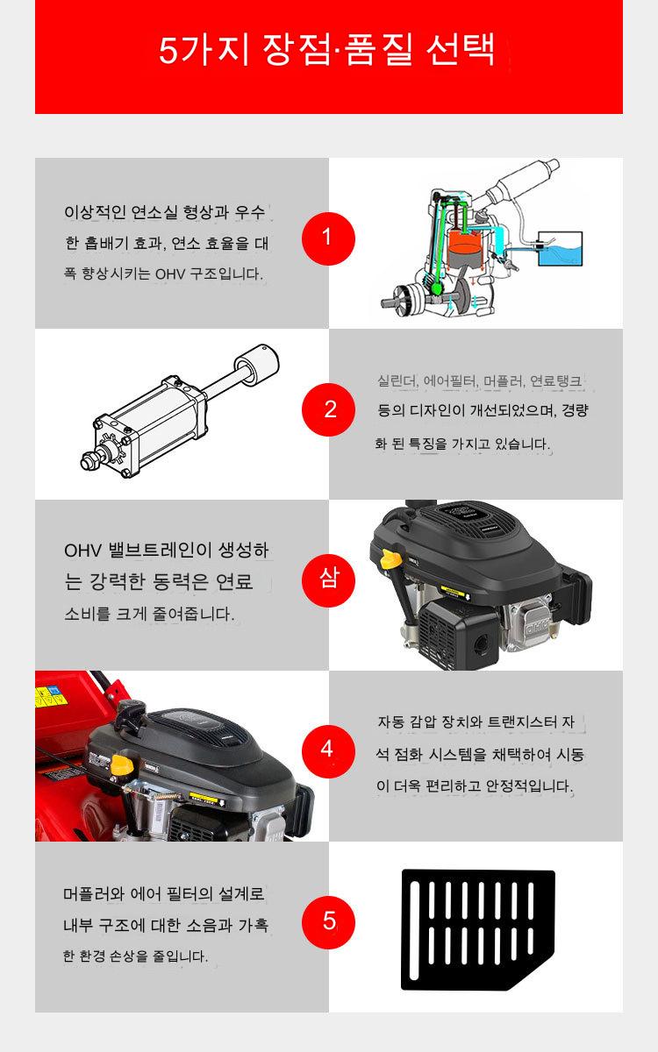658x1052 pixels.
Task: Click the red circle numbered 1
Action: [328, 238]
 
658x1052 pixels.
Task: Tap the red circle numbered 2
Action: [328, 409]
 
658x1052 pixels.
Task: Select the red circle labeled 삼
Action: [328, 580]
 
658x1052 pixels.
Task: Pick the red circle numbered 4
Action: [328, 751]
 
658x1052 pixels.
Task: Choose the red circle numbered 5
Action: [328, 922]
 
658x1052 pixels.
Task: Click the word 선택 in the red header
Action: [461, 50]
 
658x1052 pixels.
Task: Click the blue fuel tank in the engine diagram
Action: [560, 249]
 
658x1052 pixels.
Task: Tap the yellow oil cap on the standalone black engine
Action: [390, 559]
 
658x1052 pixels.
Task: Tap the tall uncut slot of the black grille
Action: [414, 930]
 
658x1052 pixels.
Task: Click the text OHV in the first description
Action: [170, 274]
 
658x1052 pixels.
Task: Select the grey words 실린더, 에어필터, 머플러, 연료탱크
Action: [480, 380]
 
